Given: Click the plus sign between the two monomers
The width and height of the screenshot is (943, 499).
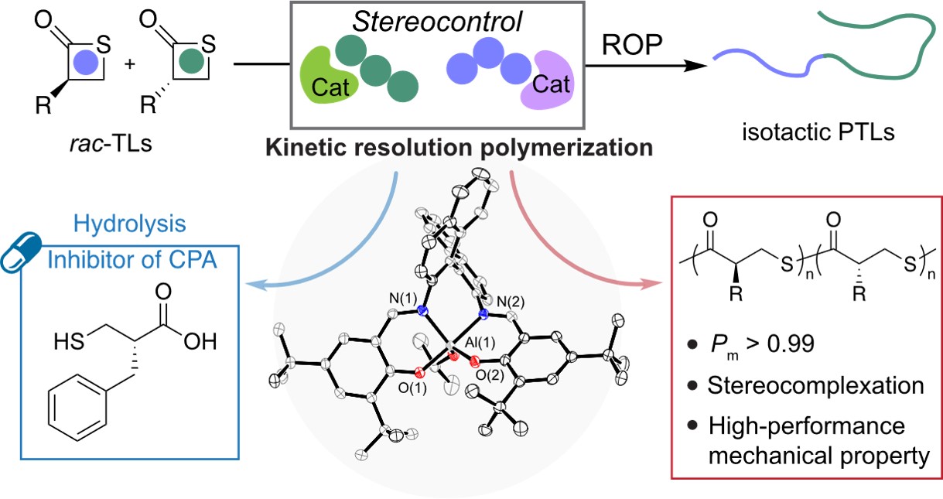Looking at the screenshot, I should tap(129, 63).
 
